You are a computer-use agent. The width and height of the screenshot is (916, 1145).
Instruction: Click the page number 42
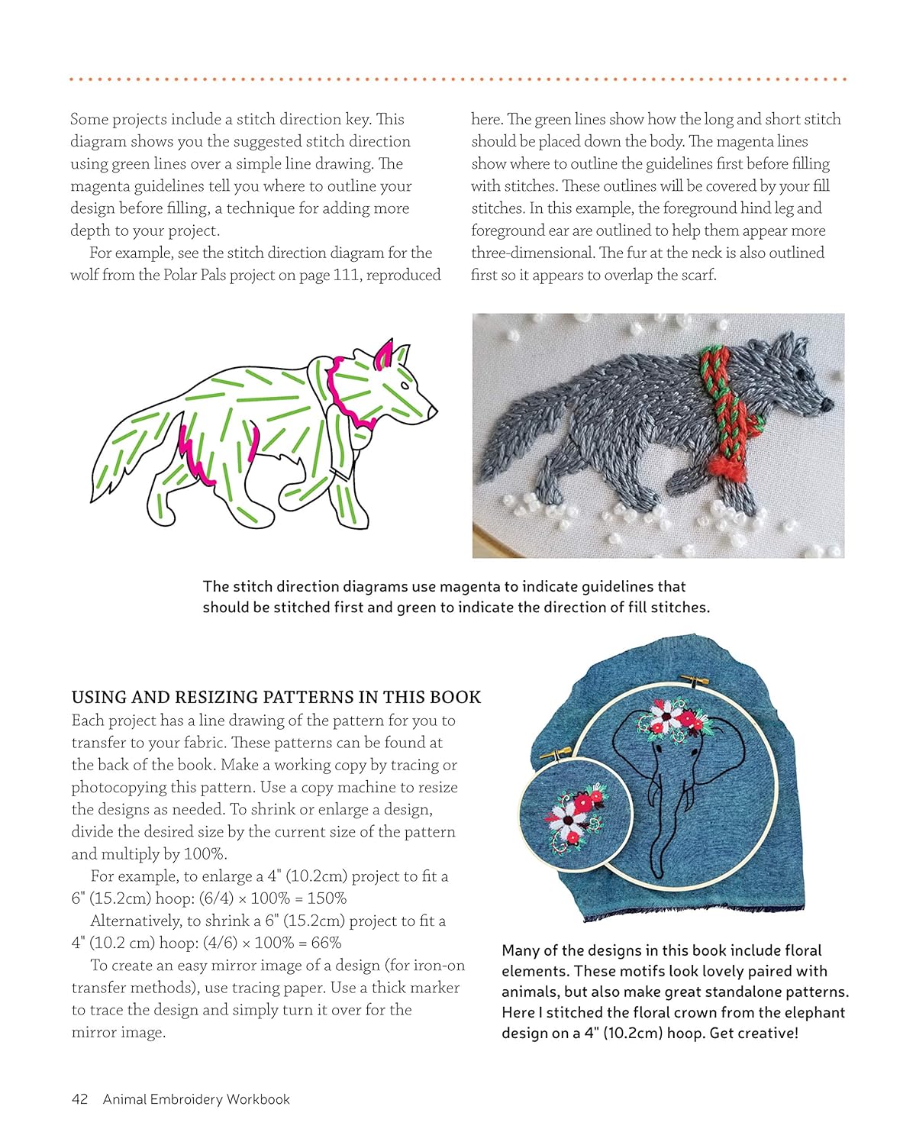coord(79,1099)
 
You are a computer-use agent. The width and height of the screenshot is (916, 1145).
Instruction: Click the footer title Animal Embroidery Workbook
coord(196,1099)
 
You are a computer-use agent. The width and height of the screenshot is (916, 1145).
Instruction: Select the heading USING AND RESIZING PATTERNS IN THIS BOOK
coord(276,697)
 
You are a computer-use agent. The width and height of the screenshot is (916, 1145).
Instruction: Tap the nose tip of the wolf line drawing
coord(434,411)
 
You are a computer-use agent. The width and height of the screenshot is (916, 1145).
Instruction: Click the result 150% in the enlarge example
coord(327,898)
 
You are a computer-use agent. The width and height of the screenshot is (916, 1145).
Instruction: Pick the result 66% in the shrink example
coord(326,943)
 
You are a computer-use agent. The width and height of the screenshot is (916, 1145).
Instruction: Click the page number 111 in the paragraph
coord(346,275)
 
